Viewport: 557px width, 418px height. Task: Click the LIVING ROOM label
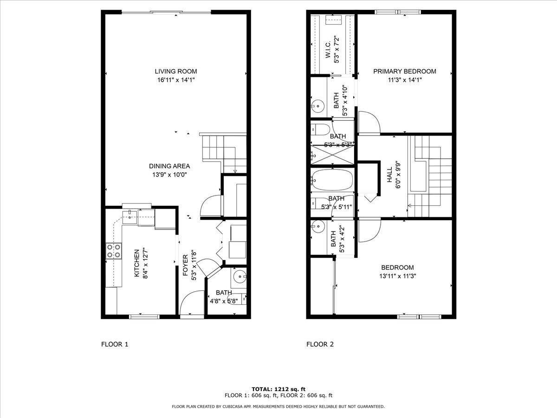click(175, 72)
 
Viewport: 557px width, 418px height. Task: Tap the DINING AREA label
click(169, 166)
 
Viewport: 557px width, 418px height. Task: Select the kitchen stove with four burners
click(114, 251)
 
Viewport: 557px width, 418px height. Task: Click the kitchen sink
click(131, 216)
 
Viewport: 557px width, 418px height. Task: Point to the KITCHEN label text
click(137, 264)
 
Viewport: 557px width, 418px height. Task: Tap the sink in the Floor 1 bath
click(240, 278)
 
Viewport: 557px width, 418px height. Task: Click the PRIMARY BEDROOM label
click(405, 72)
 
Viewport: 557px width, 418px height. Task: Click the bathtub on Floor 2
click(332, 180)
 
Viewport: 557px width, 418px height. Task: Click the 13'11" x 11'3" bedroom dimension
click(397, 276)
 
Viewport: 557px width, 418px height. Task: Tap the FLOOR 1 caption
click(114, 344)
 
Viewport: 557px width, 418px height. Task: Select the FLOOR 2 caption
click(320, 344)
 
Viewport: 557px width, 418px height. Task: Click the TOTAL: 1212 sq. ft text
click(278, 389)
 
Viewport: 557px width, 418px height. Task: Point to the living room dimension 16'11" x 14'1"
click(175, 80)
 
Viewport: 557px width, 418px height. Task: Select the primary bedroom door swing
click(369, 122)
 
